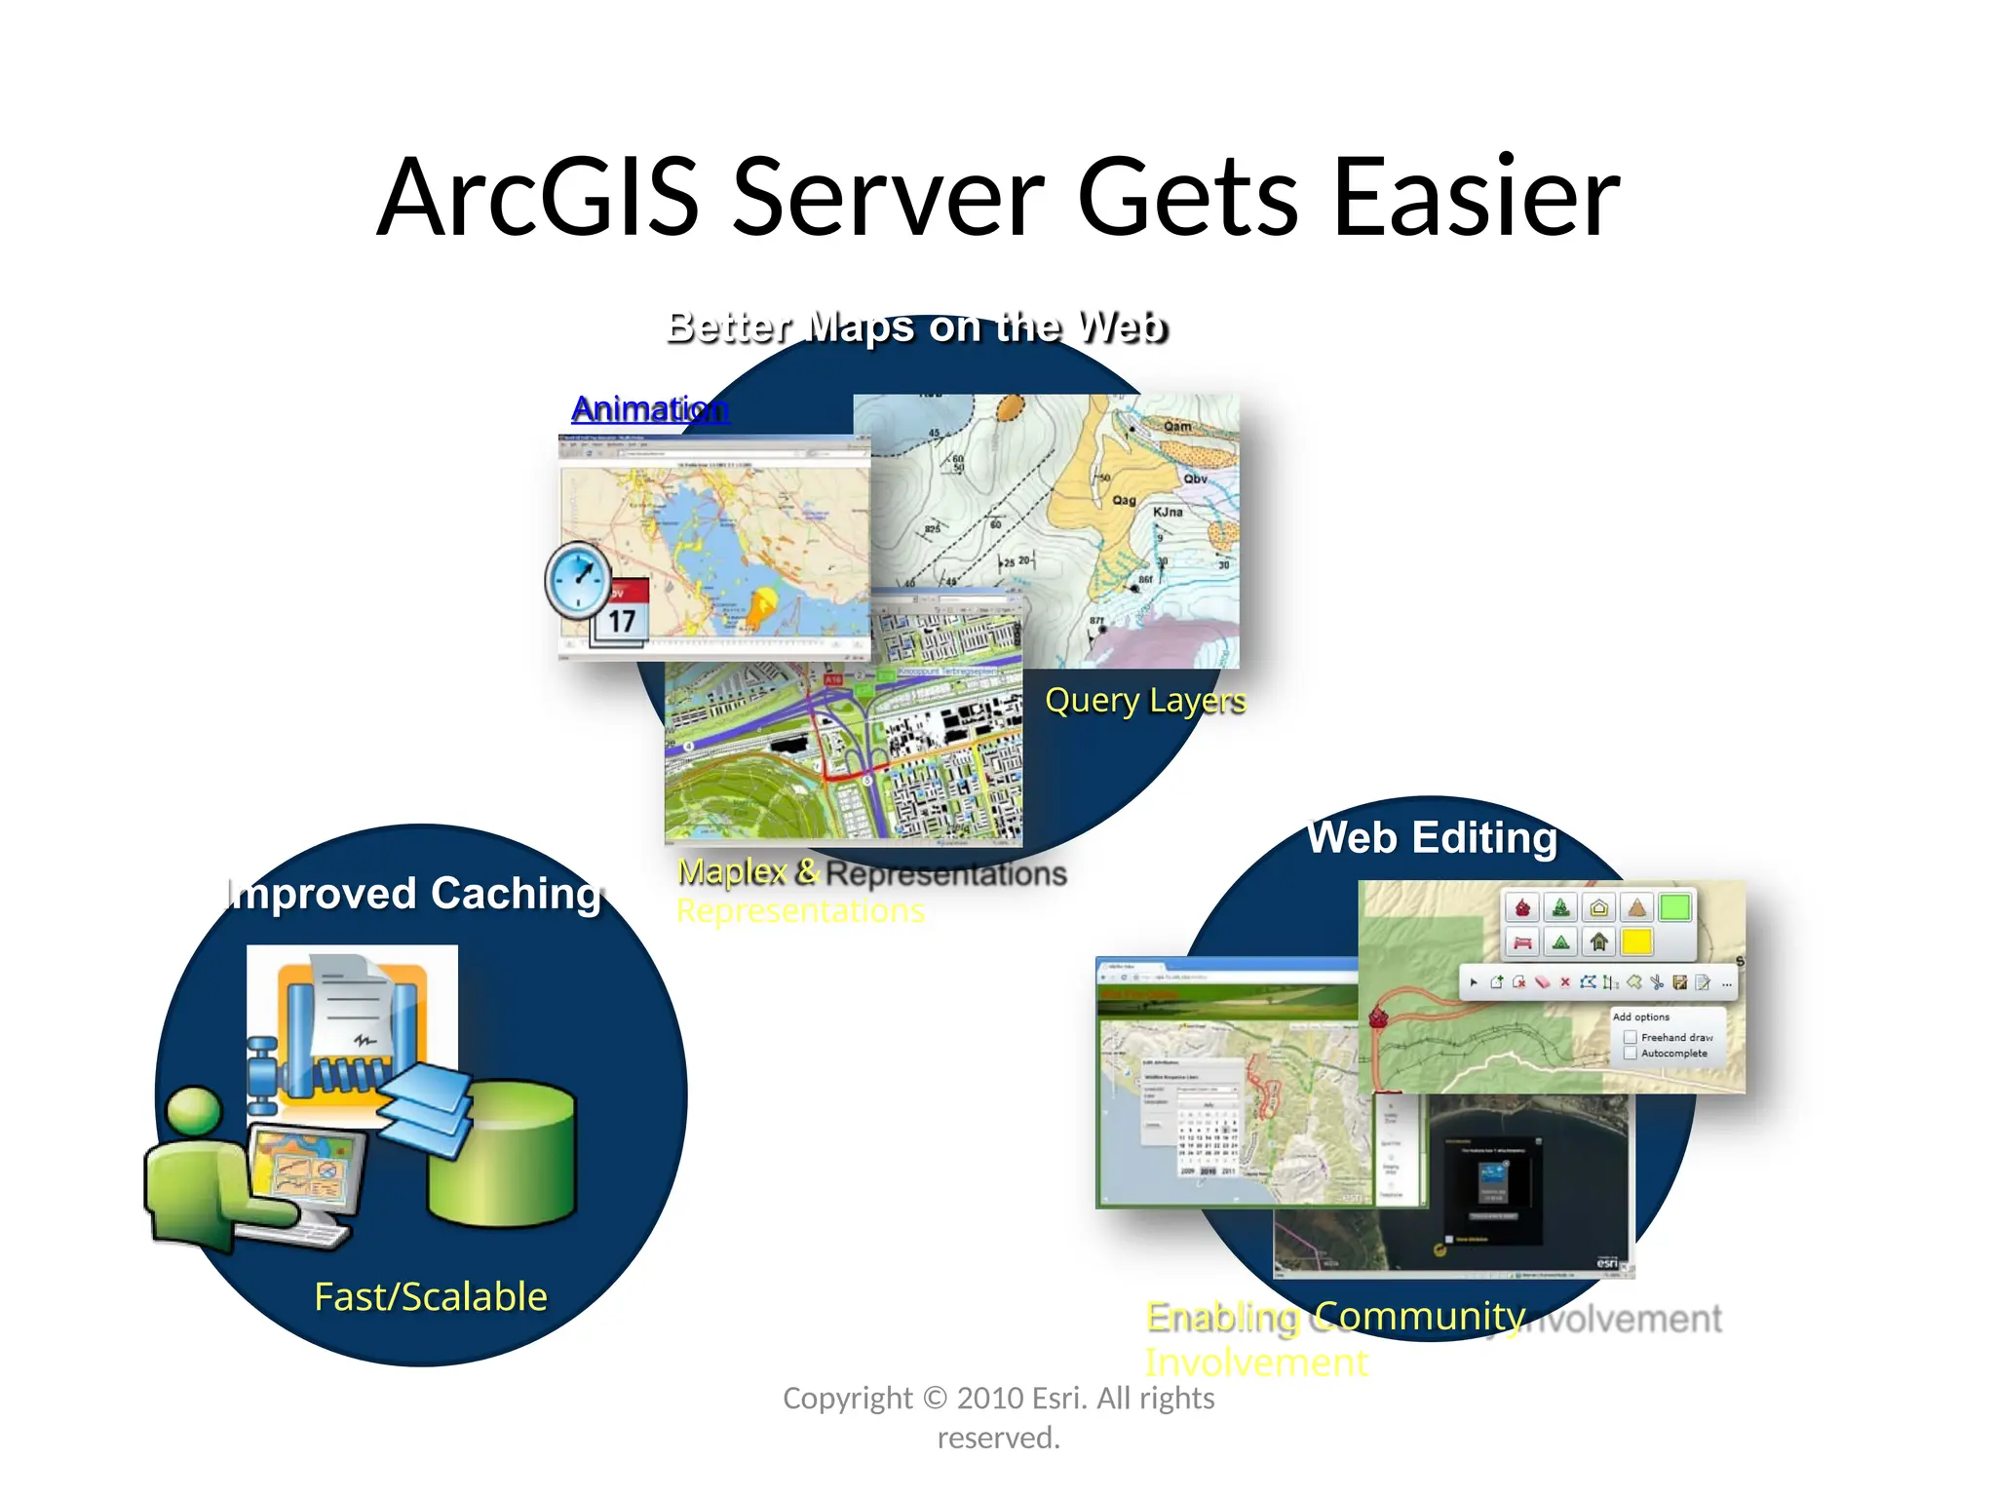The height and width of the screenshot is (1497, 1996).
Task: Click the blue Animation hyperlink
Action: (x=650, y=409)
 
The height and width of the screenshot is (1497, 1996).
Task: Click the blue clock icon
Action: (x=578, y=579)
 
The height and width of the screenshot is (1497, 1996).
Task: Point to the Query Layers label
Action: (x=1145, y=701)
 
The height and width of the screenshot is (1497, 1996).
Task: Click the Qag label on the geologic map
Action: (x=1124, y=500)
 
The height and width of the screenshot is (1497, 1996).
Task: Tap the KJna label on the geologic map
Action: (x=1168, y=512)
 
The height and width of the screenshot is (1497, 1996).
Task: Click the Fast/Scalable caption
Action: (x=431, y=1297)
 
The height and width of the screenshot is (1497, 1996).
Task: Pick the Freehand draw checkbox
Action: (x=1630, y=1037)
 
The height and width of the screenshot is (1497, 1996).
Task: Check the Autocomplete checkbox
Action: (x=1630, y=1054)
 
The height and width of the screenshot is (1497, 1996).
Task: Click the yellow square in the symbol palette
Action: (x=1636, y=941)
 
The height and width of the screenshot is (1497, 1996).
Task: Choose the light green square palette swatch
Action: (x=1674, y=908)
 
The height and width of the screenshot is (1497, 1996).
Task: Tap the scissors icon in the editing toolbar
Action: (x=1656, y=982)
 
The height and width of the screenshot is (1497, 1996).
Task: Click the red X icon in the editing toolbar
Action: (x=1564, y=982)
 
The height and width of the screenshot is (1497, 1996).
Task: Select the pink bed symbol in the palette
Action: (x=1522, y=942)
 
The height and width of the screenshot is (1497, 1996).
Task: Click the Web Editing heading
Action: (x=1433, y=838)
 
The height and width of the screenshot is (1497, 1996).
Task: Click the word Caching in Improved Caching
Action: (x=517, y=894)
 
